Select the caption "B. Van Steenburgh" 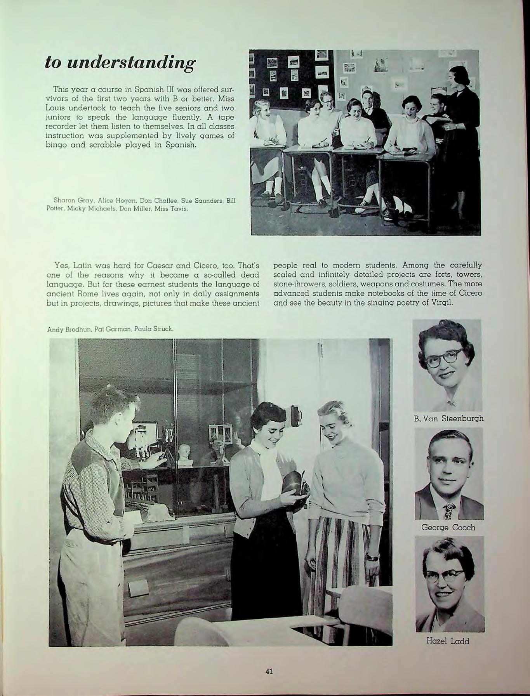tap(449, 418)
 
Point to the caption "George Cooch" tap(448, 528)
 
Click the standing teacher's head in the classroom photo tap(458, 77)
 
